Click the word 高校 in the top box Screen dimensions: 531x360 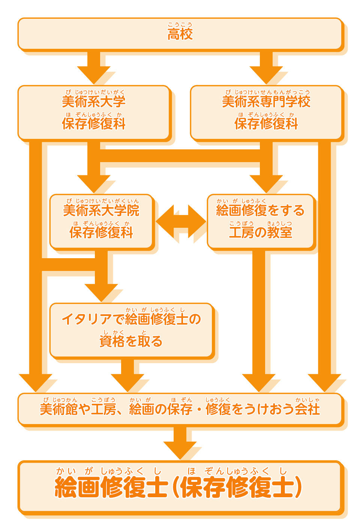coord(180,34)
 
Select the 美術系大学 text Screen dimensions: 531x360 coord(94,101)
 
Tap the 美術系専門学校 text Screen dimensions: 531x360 coord(266,101)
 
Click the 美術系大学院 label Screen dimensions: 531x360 coord(101,210)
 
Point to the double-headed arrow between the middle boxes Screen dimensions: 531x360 coord(180,221)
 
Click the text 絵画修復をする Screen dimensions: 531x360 coord(260,210)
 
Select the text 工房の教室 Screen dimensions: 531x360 coord(260,233)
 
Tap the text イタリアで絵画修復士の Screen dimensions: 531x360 coord(131,319)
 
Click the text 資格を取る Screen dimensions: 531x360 coord(131,341)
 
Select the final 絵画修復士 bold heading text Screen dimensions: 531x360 coord(111,487)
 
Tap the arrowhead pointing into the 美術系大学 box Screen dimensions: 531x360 coord(94,75)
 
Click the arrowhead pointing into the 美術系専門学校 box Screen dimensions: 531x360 coord(266,75)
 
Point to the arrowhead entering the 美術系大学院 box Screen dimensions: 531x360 coord(94,184)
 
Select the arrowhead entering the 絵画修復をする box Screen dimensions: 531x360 coord(266,184)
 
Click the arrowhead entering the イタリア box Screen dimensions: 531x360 coord(101,292)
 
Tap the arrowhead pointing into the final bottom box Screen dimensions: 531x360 coord(180,450)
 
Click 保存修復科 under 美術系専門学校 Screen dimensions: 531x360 coord(266,123)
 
